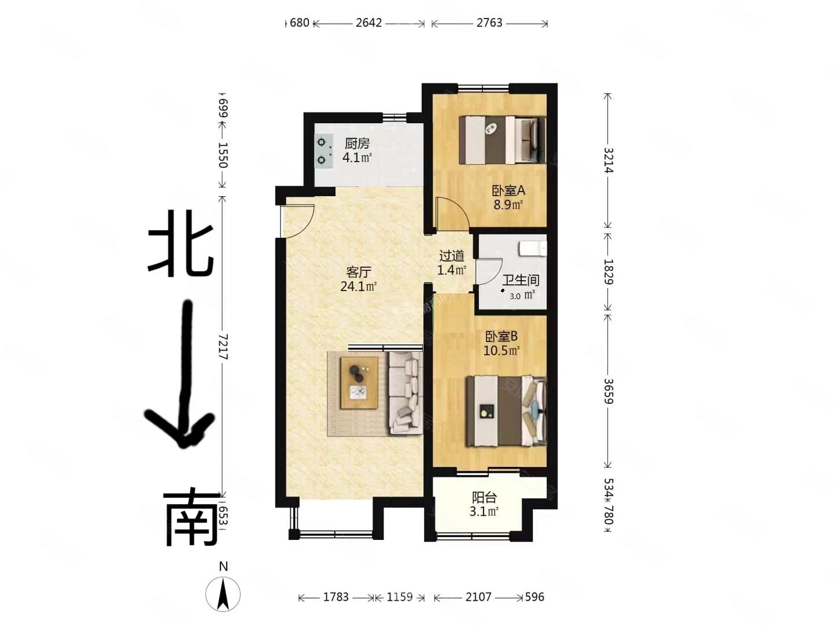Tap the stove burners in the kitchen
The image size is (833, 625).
tap(323, 150)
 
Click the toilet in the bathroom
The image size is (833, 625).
tap(533, 248)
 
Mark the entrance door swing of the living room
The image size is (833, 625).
tap(297, 220)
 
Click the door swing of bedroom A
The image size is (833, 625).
tap(452, 214)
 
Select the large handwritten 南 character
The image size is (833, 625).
tap(191, 518)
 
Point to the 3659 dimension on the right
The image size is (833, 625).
tap(608, 391)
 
